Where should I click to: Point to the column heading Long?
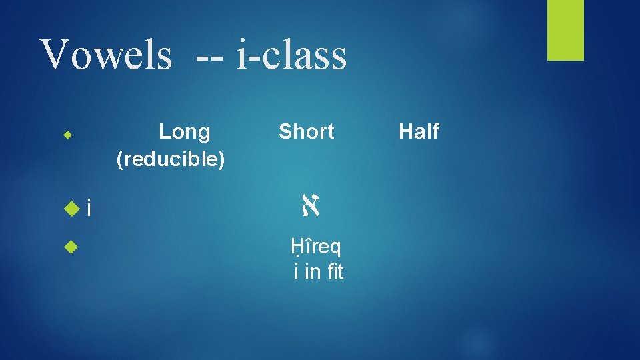click(185, 132)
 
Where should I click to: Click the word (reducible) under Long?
click(171, 159)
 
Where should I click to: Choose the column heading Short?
click(306, 132)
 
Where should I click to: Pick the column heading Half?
click(419, 132)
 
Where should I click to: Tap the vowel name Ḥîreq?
click(316, 248)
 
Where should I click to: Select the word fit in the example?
click(331, 272)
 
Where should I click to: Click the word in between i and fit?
click(311, 272)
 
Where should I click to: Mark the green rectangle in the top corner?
click(565, 30)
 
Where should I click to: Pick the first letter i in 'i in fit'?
click(296, 272)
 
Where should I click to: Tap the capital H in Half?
click(405, 132)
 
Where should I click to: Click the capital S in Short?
click(285, 132)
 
